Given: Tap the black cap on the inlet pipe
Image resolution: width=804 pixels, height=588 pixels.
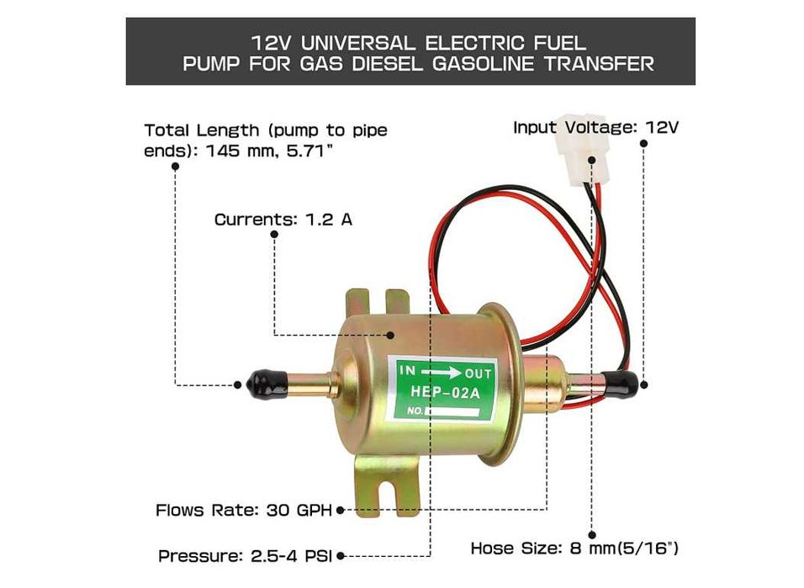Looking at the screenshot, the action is click(x=267, y=384).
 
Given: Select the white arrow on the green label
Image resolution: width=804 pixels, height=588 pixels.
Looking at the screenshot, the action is click(x=440, y=373).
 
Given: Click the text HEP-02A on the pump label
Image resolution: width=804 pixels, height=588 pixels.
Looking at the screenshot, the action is click(x=445, y=393).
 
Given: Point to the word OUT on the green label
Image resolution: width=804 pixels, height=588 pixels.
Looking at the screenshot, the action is click(x=478, y=374).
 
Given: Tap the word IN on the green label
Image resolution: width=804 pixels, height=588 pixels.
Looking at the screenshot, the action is click(x=408, y=370).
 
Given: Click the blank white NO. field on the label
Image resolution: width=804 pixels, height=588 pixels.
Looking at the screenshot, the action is click(x=452, y=411).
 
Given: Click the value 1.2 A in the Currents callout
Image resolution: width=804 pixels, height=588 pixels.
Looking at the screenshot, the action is click(x=329, y=220).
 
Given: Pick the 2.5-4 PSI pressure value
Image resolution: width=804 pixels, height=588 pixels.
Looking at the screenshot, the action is click(x=291, y=556).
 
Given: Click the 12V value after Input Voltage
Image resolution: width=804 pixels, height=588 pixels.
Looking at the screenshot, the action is click(x=662, y=127).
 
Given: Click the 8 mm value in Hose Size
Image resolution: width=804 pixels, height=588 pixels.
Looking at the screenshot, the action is click(x=592, y=548).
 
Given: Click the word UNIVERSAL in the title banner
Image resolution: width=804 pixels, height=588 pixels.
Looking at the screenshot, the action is click(x=358, y=43).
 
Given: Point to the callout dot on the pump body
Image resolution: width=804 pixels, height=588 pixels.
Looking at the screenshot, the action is click(x=390, y=335).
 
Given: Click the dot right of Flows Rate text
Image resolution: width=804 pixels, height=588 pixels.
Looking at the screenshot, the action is click(x=340, y=511).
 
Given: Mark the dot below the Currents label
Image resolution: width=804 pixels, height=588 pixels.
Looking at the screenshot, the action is click(x=274, y=235).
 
